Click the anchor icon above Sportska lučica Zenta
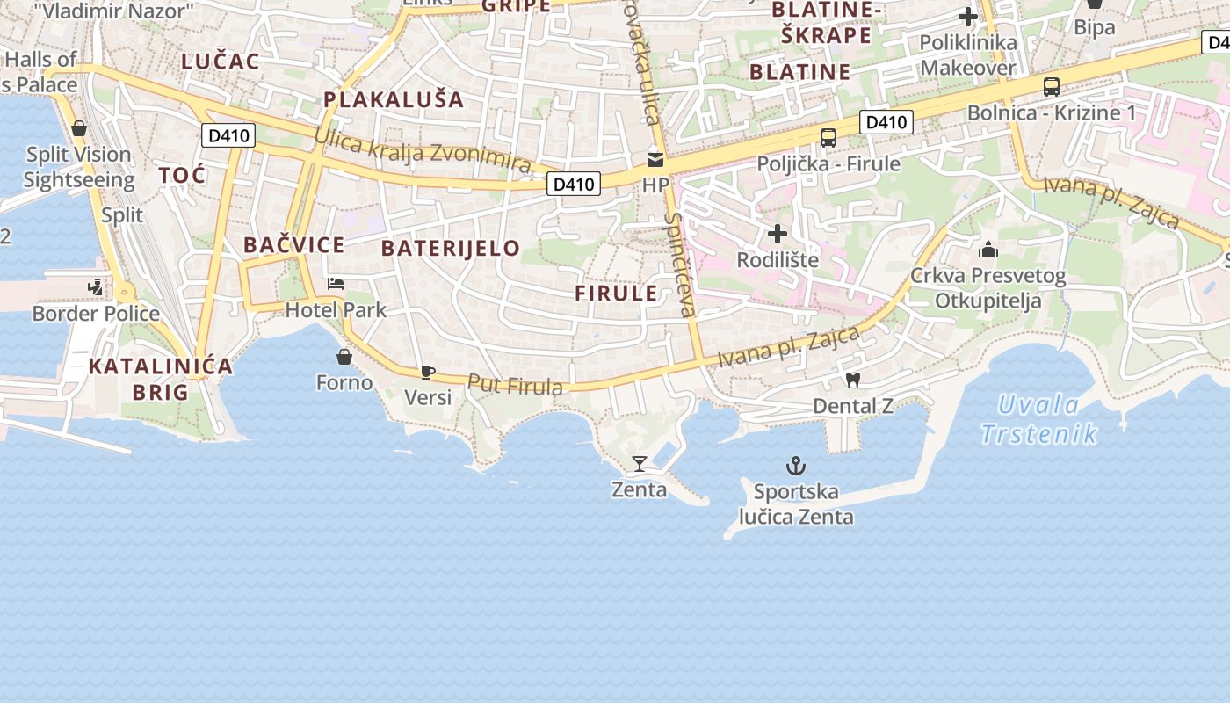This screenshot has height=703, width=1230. [x=796, y=465]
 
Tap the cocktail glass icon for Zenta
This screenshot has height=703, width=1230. [x=639, y=463]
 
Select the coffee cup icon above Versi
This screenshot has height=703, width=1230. [x=428, y=372]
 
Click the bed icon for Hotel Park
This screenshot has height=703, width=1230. [x=336, y=284]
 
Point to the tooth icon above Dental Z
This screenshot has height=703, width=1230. [x=851, y=380]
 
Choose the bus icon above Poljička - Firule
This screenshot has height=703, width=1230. [x=828, y=138]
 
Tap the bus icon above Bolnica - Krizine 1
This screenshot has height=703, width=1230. [x=1051, y=87]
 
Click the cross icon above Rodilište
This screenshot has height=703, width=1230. [x=778, y=234]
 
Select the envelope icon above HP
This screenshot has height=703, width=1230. [x=655, y=159]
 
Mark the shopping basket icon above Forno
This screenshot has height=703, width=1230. [x=344, y=357]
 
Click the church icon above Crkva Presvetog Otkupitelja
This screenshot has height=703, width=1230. [x=988, y=250]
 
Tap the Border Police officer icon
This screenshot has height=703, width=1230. [x=96, y=287]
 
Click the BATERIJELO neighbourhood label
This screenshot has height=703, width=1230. [x=451, y=248]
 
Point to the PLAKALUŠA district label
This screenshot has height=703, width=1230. [x=394, y=98]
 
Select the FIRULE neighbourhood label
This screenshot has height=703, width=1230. [x=616, y=294]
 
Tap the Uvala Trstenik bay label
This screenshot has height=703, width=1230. [x=1039, y=419]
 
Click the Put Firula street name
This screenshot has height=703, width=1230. [x=515, y=385]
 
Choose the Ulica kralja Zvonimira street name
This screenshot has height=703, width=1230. [x=423, y=150]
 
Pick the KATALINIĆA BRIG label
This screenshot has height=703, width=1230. [x=161, y=379]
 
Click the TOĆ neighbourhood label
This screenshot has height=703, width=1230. [x=183, y=175]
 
